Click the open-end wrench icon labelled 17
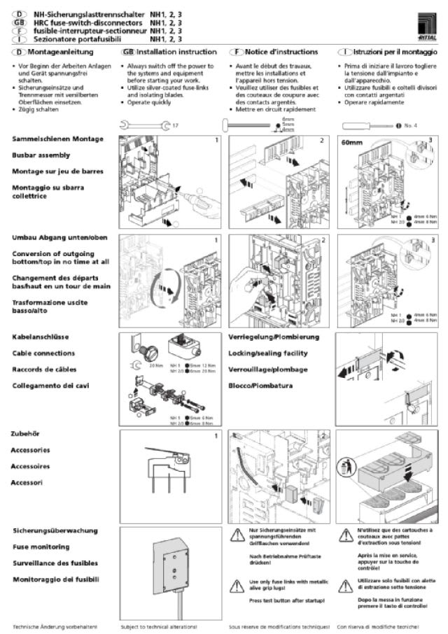[x=144, y=125]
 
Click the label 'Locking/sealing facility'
[x=268, y=353]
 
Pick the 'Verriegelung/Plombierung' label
[x=274, y=337]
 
